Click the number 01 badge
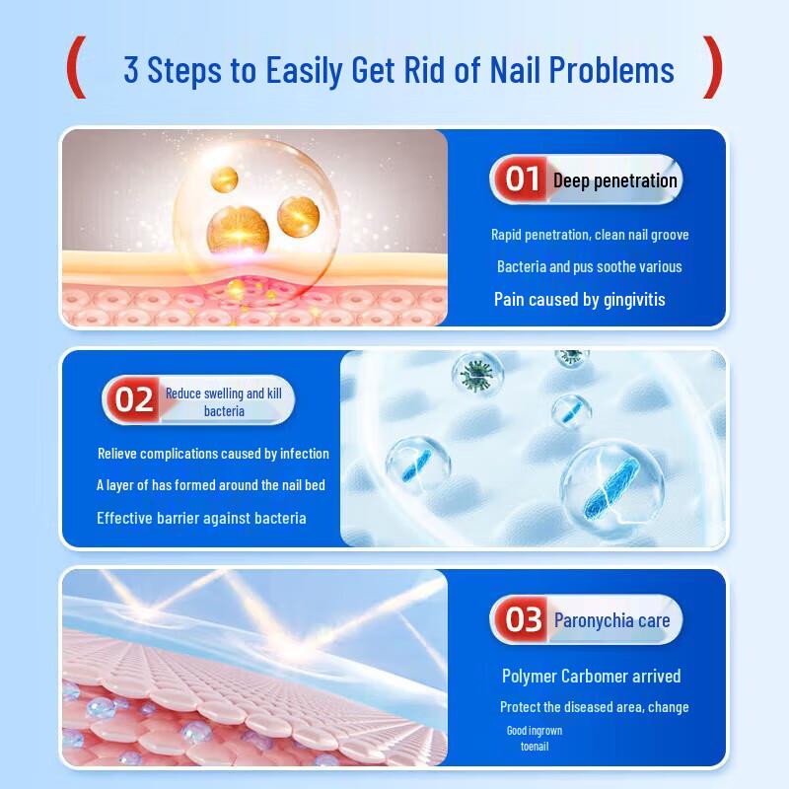tap(522, 179)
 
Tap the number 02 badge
tap(133, 399)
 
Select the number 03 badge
tap(523, 620)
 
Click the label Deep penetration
tap(614, 180)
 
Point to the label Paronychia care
tap(611, 620)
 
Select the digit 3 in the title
tap(131, 70)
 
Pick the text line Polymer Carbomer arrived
tap(591, 676)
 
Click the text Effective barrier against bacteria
tap(201, 518)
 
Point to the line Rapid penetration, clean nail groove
tap(590, 235)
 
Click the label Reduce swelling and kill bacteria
tap(224, 401)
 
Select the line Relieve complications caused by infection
tap(213, 454)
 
